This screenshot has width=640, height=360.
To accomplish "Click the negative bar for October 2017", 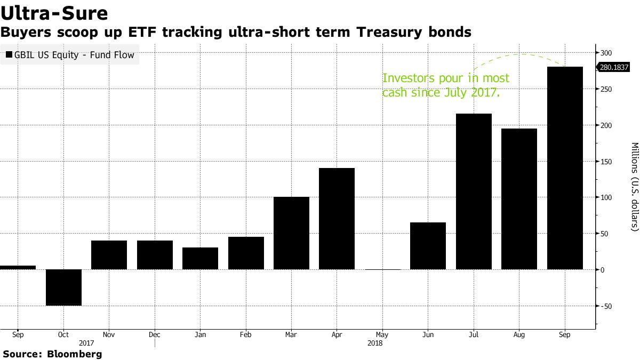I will pos(63,287).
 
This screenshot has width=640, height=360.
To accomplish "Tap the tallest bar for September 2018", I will pos(565,168).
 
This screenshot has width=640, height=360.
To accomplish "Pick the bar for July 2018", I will pos(474,191).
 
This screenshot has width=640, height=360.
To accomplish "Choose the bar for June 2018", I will pos(428,246).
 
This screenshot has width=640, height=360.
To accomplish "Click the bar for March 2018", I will pos(291,233).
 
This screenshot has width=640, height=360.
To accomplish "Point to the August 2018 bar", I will pos(519,199).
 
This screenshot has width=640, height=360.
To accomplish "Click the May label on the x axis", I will pos(382,335).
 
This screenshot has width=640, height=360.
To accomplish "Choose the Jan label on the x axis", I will pos(200,335).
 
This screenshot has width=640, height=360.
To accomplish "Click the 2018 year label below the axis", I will pos(375,343).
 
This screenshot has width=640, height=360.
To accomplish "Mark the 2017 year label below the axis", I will pos(86,343).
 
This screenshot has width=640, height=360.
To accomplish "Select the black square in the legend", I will pos(9,54).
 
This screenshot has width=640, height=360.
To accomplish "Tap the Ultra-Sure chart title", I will pos(54,13).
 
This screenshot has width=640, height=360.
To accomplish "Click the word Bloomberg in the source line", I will pos(75,354).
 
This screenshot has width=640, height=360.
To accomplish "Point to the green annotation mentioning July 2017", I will pos(446,85).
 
